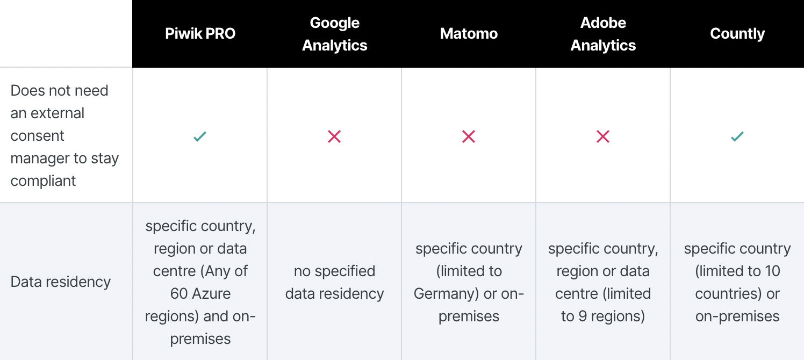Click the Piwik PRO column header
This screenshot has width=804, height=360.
(200, 34)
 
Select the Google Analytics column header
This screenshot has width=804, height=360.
(334, 34)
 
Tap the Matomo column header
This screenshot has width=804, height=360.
(469, 34)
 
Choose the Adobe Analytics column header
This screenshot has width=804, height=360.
(603, 34)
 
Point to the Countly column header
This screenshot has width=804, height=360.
(737, 34)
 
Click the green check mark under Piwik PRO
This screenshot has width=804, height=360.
(200, 136)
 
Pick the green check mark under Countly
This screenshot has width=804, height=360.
(737, 136)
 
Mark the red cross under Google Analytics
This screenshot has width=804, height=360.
(334, 136)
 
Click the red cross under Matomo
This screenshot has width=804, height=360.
(469, 136)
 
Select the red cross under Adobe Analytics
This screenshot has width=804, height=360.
(603, 136)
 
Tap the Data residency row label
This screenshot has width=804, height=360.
(60, 282)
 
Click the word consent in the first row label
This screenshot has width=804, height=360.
(37, 136)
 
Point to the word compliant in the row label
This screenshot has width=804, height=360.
(43, 181)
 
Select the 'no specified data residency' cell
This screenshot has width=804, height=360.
(334, 282)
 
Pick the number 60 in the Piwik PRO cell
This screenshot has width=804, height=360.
(179, 293)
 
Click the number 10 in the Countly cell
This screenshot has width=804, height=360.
(772, 271)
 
